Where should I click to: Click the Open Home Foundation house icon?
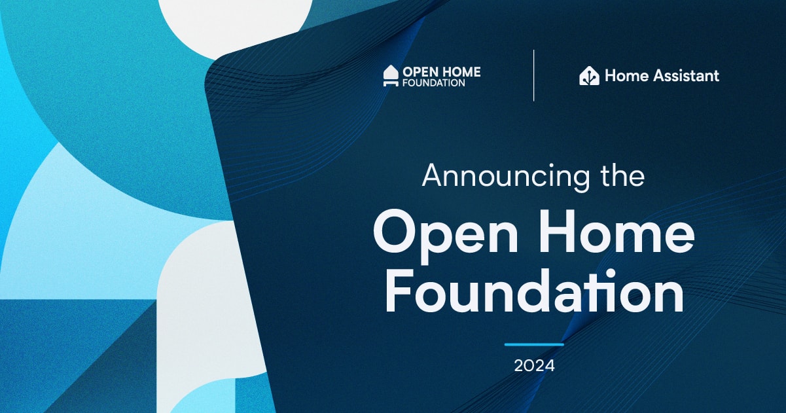coord(391,75)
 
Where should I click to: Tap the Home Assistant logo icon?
coord(589,76)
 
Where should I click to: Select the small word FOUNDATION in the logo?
coord(433,83)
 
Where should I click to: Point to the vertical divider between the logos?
coord(533,75)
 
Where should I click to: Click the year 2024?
coord(534,366)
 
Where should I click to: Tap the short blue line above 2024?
coord(534,344)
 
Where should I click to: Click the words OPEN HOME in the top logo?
coord(441,71)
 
